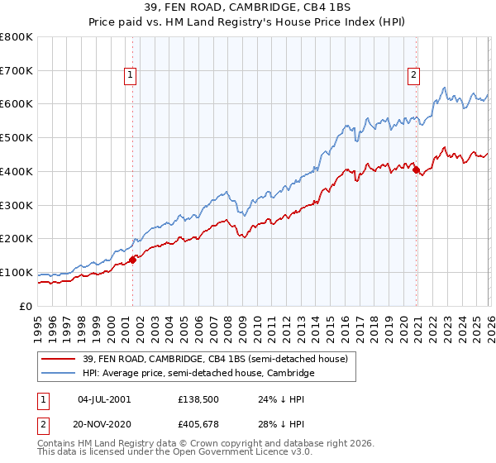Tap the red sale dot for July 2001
pyautogui.click(x=132, y=260)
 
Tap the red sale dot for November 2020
pyautogui.click(x=416, y=170)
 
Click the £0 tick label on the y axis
pyautogui.click(x=26, y=306)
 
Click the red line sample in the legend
pyautogui.click(x=60, y=359)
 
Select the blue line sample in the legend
pyautogui.click(x=60, y=374)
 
